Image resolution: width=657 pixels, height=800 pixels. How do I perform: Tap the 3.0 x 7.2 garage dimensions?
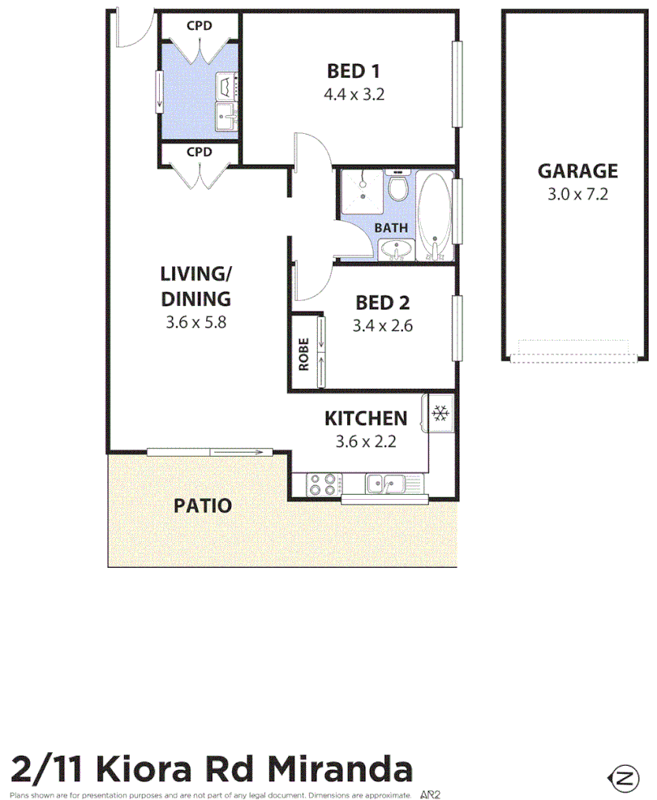[578, 195]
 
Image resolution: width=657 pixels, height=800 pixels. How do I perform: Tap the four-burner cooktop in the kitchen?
[322, 484]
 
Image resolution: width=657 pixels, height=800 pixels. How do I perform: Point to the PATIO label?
[203, 506]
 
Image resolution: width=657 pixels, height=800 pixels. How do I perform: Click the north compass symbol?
[623, 779]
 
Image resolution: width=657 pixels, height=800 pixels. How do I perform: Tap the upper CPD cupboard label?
[200, 26]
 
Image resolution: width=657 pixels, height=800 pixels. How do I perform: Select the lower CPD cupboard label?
[200, 153]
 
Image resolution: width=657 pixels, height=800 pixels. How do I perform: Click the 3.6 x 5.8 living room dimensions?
[195, 321]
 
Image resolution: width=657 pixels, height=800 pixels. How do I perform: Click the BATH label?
[391, 228]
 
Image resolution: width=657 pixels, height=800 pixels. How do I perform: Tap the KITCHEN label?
[365, 419]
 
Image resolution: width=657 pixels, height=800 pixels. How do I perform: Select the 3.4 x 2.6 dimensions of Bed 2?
[382, 326]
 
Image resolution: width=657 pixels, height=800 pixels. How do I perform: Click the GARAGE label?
[578, 171]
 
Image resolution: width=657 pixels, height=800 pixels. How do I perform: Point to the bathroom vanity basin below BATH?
[393, 250]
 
